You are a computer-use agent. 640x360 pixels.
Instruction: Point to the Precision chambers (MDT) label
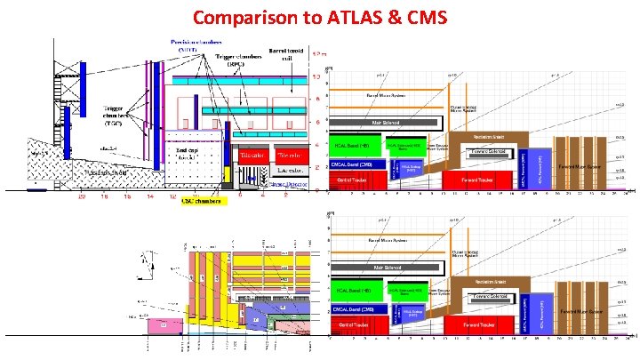click(197, 46)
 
